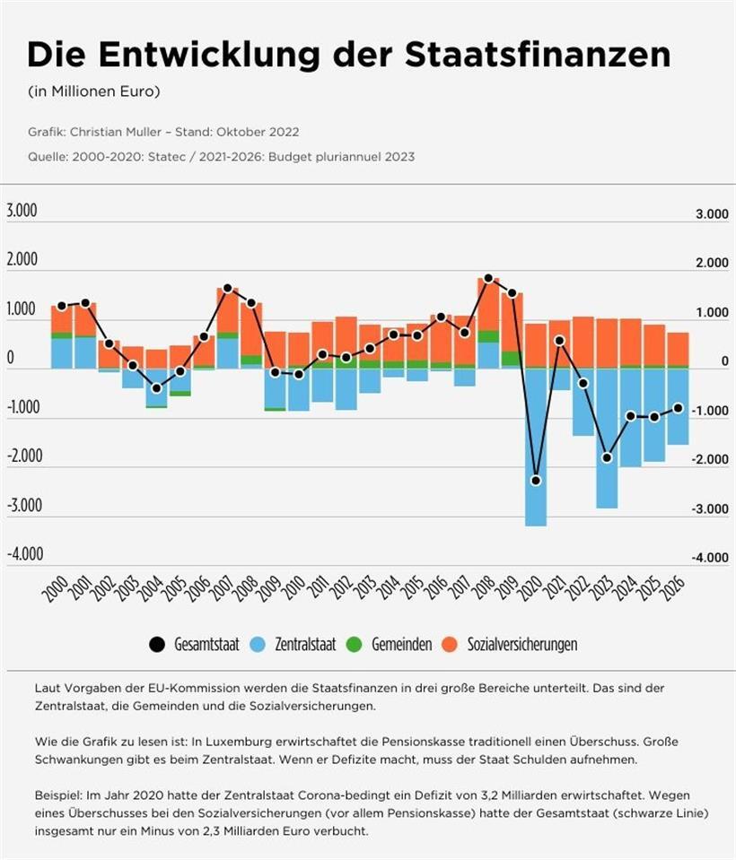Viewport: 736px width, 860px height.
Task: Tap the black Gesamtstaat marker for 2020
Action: (536, 481)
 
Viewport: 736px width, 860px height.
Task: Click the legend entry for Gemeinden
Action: (389, 644)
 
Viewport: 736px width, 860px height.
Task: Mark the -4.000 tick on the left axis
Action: (24, 553)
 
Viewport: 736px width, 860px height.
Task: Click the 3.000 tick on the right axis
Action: (711, 215)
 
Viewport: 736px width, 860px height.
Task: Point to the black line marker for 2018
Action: (488, 279)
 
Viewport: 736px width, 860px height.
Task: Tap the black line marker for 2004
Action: (156, 388)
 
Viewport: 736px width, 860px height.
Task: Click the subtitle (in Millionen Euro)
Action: (95, 92)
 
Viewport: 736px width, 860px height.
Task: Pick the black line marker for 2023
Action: (607, 457)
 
